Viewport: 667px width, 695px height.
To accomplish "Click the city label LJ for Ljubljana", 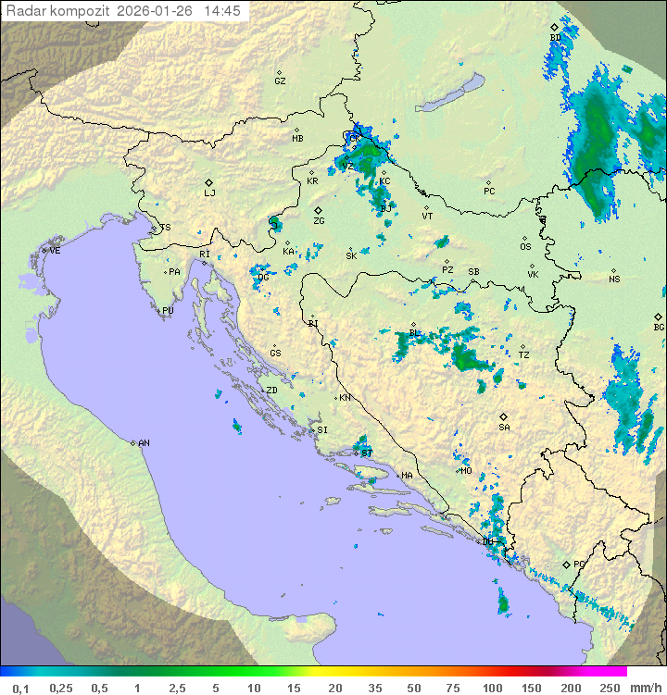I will tap(209, 193).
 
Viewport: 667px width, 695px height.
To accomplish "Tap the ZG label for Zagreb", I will tap(319, 221).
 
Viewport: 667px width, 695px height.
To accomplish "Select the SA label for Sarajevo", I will tap(504, 428).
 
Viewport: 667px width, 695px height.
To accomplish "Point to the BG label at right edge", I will tap(659, 327).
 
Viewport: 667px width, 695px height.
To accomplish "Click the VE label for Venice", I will tap(55, 251).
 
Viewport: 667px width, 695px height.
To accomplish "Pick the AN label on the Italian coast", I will tap(144, 443).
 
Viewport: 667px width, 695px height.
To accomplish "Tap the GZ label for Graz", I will tap(280, 81).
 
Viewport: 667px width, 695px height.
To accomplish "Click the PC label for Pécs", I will tap(489, 192).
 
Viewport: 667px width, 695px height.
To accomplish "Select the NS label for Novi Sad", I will tap(614, 279).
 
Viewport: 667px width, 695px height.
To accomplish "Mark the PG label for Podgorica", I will tap(579, 564).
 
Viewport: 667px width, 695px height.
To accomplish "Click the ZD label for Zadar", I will tap(271, 391).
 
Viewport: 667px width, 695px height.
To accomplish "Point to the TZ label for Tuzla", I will tap(523, 355).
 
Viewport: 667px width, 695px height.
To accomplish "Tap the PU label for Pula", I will tap(168, 311).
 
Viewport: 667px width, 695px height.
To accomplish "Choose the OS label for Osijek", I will tap(525, 247).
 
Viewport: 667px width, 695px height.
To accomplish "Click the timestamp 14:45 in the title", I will tap(223, 11).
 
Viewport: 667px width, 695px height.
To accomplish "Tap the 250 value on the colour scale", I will tap(610, 688).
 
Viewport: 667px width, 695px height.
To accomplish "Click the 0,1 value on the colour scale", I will tap(20, 688).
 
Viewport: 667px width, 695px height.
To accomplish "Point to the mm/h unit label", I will tap(644, 688).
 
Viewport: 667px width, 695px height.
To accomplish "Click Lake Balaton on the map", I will tap(448, 94).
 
